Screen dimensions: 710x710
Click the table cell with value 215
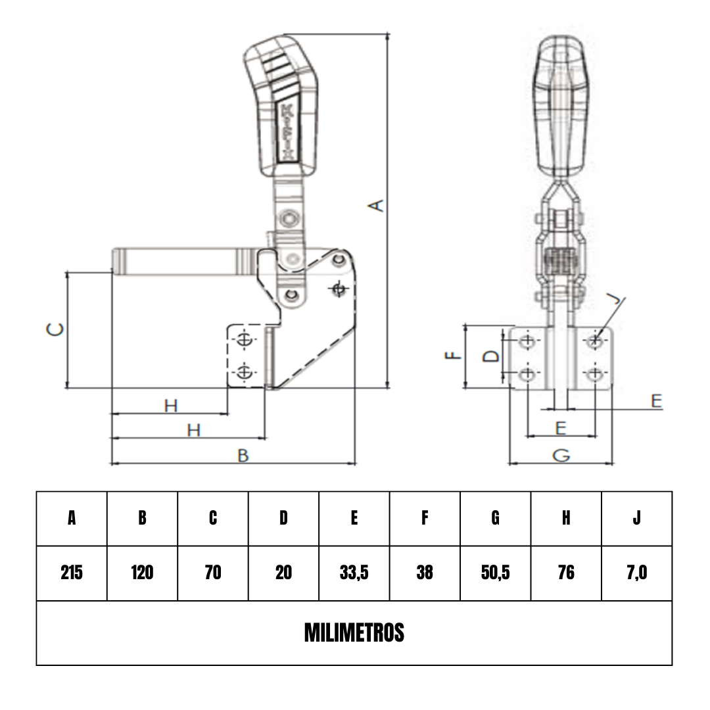click(x=72, y=573)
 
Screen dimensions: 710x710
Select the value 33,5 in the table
click(x=354, y=573)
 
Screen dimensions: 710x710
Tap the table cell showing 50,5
click(x=496, y=573)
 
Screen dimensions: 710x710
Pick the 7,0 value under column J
click(x=636, y=573)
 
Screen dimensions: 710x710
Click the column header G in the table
click(x=496, y=518)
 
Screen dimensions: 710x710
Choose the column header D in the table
click(x=283, y=518)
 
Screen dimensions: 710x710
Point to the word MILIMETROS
click(x=354, y=632)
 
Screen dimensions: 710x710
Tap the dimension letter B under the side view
click(x=243, y=456)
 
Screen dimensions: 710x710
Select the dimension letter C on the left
click(x=55, y=329)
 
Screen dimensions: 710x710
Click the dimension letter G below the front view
click(x=561, y=455)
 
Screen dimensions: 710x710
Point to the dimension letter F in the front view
click(x=453, y=356)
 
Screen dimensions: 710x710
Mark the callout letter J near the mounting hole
click(x=615, y=298)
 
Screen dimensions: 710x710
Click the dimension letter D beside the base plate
click(x=491, y=356)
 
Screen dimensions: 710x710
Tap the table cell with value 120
click(x=142, y=573)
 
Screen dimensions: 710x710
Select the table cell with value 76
click(x=566, y=573)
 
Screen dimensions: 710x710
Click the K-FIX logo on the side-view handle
click(x=287, y=132)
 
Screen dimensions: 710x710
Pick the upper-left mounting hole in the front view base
click(x=527, y=341)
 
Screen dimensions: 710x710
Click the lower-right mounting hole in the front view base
click(x=594, y=375)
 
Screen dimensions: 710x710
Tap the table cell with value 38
click(x=425, y=573)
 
